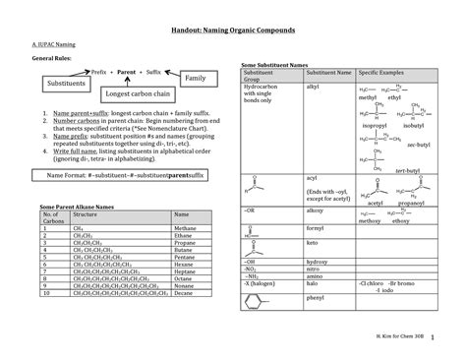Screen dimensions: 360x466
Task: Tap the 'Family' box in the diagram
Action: pyautogui.click(x=195, y=78)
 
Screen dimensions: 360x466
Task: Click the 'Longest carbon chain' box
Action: pyautogui.click(x=139, y=94)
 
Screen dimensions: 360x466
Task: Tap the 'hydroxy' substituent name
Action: pyautogui.click(x=319, y=263)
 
